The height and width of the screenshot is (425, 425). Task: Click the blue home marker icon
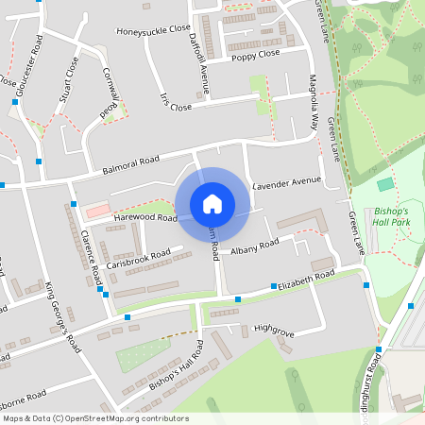[212, 204]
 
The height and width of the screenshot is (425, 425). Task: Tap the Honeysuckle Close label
[154, 30]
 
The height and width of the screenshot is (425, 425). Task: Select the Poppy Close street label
[256, 55]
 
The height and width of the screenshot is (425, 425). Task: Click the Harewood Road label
[145, 217]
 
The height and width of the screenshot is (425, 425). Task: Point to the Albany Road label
[257, 245]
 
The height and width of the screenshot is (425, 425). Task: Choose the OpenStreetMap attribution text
[95, 418]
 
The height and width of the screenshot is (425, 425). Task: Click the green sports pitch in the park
[384, 184]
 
